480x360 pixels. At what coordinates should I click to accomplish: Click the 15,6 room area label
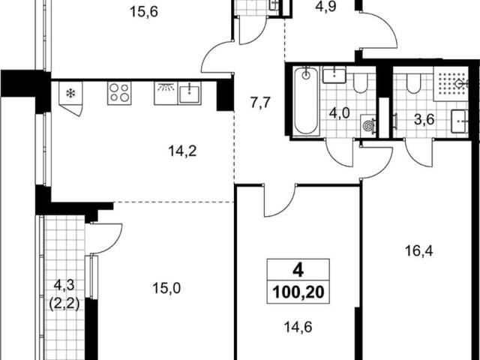(143, 13)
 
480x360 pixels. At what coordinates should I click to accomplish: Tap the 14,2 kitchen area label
(182, 151)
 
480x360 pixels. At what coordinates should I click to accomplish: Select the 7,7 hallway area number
(261, 103)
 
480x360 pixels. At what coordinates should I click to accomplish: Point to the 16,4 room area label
(419, 251)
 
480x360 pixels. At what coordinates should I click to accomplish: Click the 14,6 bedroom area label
(298, 327)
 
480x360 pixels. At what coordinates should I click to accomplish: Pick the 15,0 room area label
(166, 288)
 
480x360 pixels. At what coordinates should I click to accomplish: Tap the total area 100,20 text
(298, 292)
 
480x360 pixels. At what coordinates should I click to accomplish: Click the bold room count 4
(298, 270)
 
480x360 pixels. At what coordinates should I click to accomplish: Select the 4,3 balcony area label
(64, 285)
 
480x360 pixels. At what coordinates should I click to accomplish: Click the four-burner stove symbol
(119, 93)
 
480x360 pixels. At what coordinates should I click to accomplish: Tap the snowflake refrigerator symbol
(70, 93)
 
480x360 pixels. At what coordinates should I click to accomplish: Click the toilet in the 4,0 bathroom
(360, 83)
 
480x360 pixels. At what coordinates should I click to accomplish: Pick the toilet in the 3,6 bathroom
(413, 83)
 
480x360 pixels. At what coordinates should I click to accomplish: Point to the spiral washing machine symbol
(368, 124)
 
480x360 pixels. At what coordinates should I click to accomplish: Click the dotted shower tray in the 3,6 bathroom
(451, 83)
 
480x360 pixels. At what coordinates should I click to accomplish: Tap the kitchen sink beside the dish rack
(190, 93)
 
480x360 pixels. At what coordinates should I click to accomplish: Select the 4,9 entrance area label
(326, 7)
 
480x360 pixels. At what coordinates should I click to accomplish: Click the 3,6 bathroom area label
(424, 120)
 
